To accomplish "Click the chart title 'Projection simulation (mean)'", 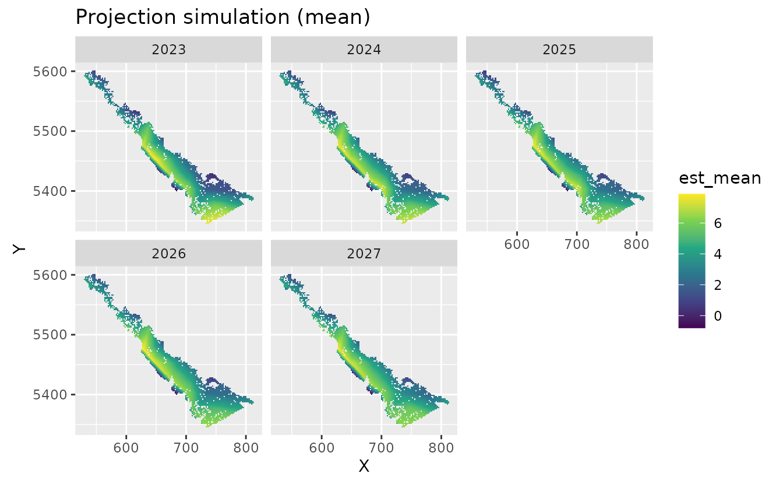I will point(223,17).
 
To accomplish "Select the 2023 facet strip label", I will point(168,50).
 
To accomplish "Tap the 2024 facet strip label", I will point(364,50).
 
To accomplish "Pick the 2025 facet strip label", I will point(559,50).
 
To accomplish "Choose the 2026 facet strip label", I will point(168,254).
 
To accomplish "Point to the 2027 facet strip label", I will point(364,254).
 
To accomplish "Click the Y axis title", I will point(19,249).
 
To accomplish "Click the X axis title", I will point(364,466).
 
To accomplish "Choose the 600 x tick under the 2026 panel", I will point(126,446).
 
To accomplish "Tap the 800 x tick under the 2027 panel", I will point(441,446).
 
